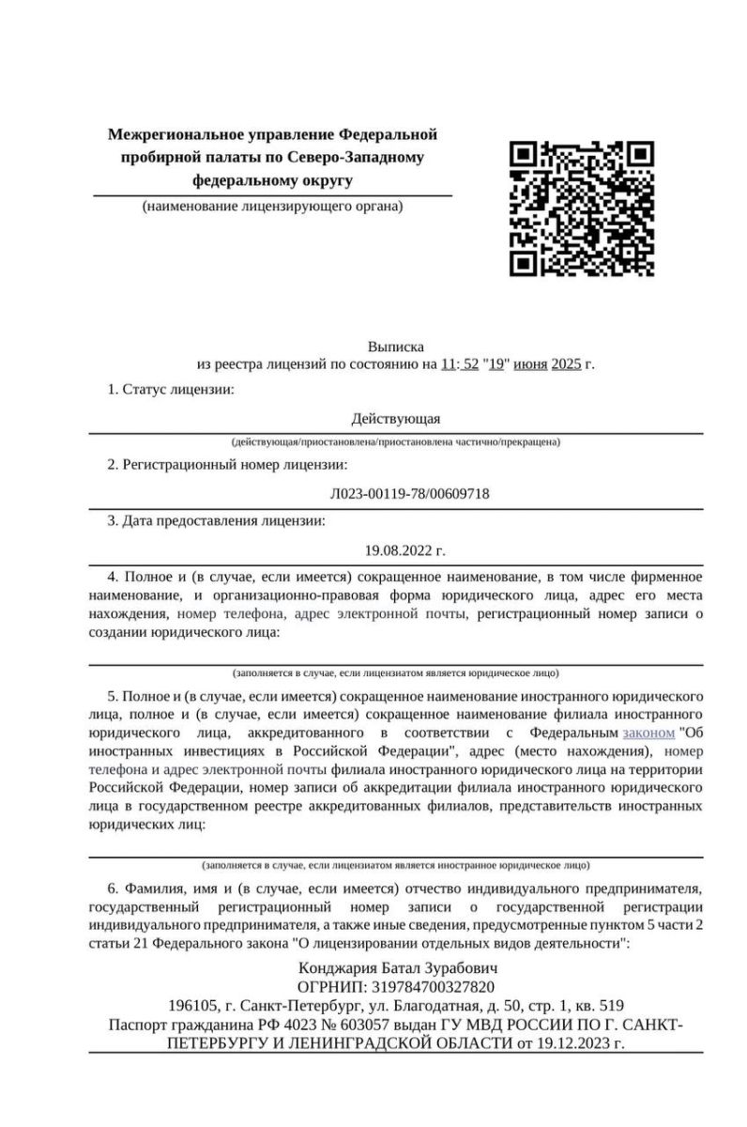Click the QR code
point(582,208)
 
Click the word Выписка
point(396,347)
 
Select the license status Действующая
point(395,419)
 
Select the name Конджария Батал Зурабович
point(395,967)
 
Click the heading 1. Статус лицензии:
point(170,389)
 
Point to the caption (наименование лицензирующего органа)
point(272,206)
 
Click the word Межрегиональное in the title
point(168,135)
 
